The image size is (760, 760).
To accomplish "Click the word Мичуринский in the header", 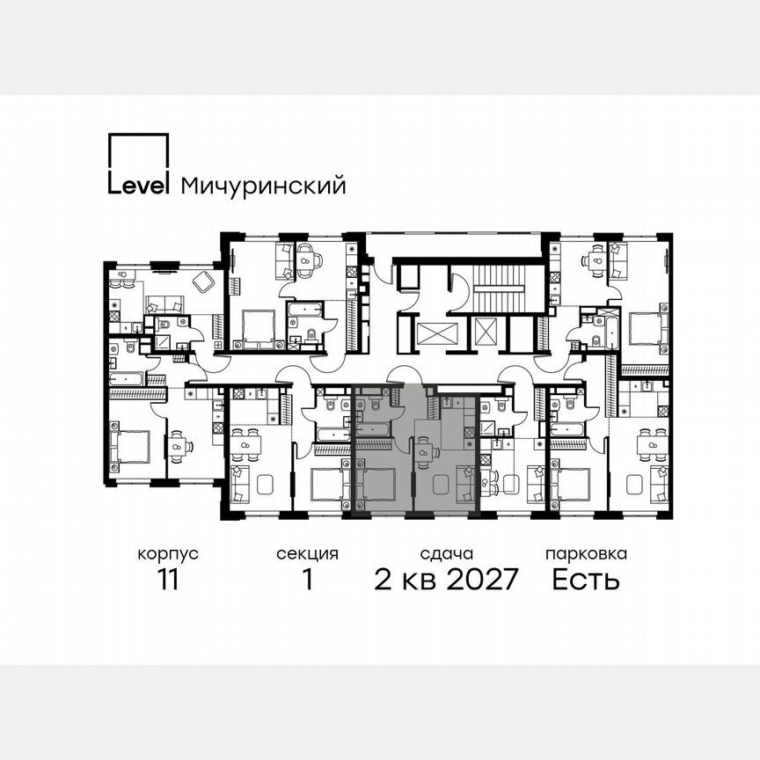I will point(263,186).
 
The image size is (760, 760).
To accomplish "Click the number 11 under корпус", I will point(167,581).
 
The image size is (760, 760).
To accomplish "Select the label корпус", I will point(167,554).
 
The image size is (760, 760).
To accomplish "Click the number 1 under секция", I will point(307,581).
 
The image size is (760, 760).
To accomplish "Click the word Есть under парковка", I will point(586,581).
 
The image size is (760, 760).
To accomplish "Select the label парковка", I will point(586,554).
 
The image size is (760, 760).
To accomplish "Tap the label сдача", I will point(447,554).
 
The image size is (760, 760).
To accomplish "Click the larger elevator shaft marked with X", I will point(437,335).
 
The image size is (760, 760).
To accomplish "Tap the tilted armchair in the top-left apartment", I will point(203,281).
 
